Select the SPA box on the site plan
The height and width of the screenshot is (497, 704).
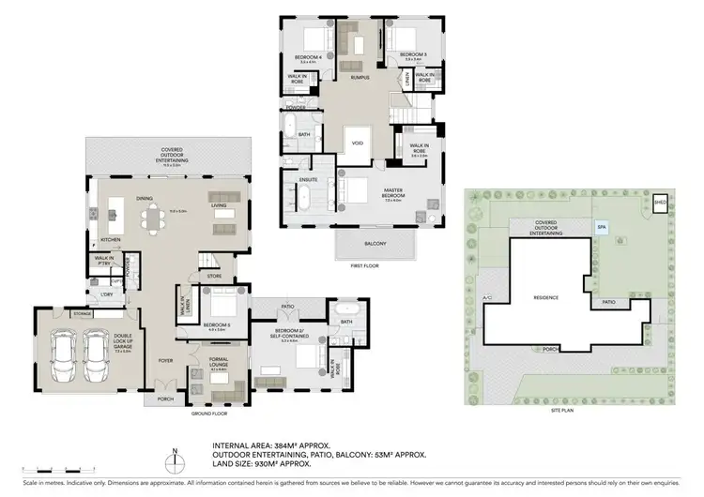601,226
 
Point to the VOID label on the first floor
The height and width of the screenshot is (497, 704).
357,143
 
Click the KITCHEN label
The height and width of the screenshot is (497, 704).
111,240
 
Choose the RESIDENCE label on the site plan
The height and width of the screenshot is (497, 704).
546,297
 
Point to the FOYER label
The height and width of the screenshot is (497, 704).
164,359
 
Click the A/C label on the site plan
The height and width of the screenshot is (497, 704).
486,299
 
